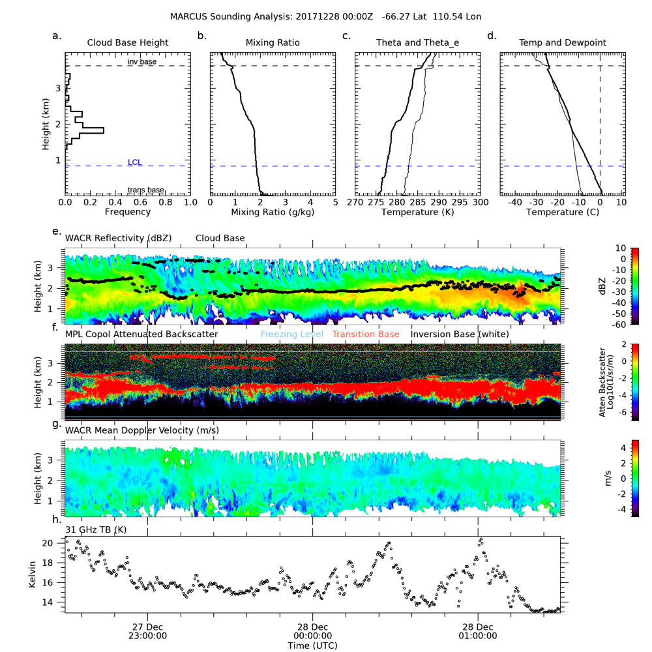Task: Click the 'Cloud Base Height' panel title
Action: [128, 43]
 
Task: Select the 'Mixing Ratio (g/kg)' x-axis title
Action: [273, 212]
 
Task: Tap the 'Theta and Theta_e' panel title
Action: [417, 43]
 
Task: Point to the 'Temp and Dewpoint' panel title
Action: [562, 43]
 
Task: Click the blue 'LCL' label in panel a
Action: [135, 162]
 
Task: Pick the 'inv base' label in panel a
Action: [141, 62]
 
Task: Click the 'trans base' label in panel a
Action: [145, 190]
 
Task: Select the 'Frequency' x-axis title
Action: [128, 212]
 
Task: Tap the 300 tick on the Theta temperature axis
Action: [480, 203]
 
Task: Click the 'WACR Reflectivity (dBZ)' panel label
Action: [118, 239]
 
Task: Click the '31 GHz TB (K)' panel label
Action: [96, 529]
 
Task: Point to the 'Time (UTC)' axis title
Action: [312, 645]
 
